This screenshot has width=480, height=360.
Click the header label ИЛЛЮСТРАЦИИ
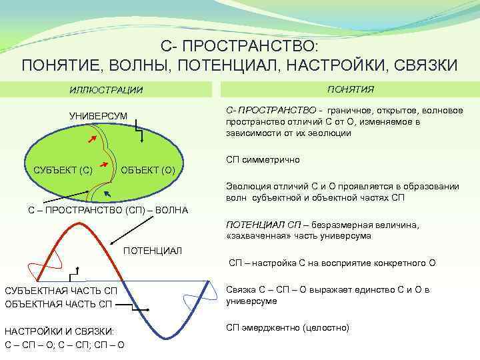click(x=107, y=89)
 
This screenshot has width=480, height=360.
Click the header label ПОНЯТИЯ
click(x=350, y=89)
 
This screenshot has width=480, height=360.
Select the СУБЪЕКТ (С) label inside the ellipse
click(x=63, y=170)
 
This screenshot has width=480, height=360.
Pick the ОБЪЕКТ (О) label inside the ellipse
click(x=148, y=170)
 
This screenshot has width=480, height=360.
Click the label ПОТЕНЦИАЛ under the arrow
click(x=153, y=250)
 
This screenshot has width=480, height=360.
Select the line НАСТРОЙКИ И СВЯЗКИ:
click(x=59, y=331)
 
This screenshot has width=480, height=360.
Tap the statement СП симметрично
click(x=263, y=160)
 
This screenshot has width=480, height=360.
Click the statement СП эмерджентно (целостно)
click(x=287, y=327)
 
